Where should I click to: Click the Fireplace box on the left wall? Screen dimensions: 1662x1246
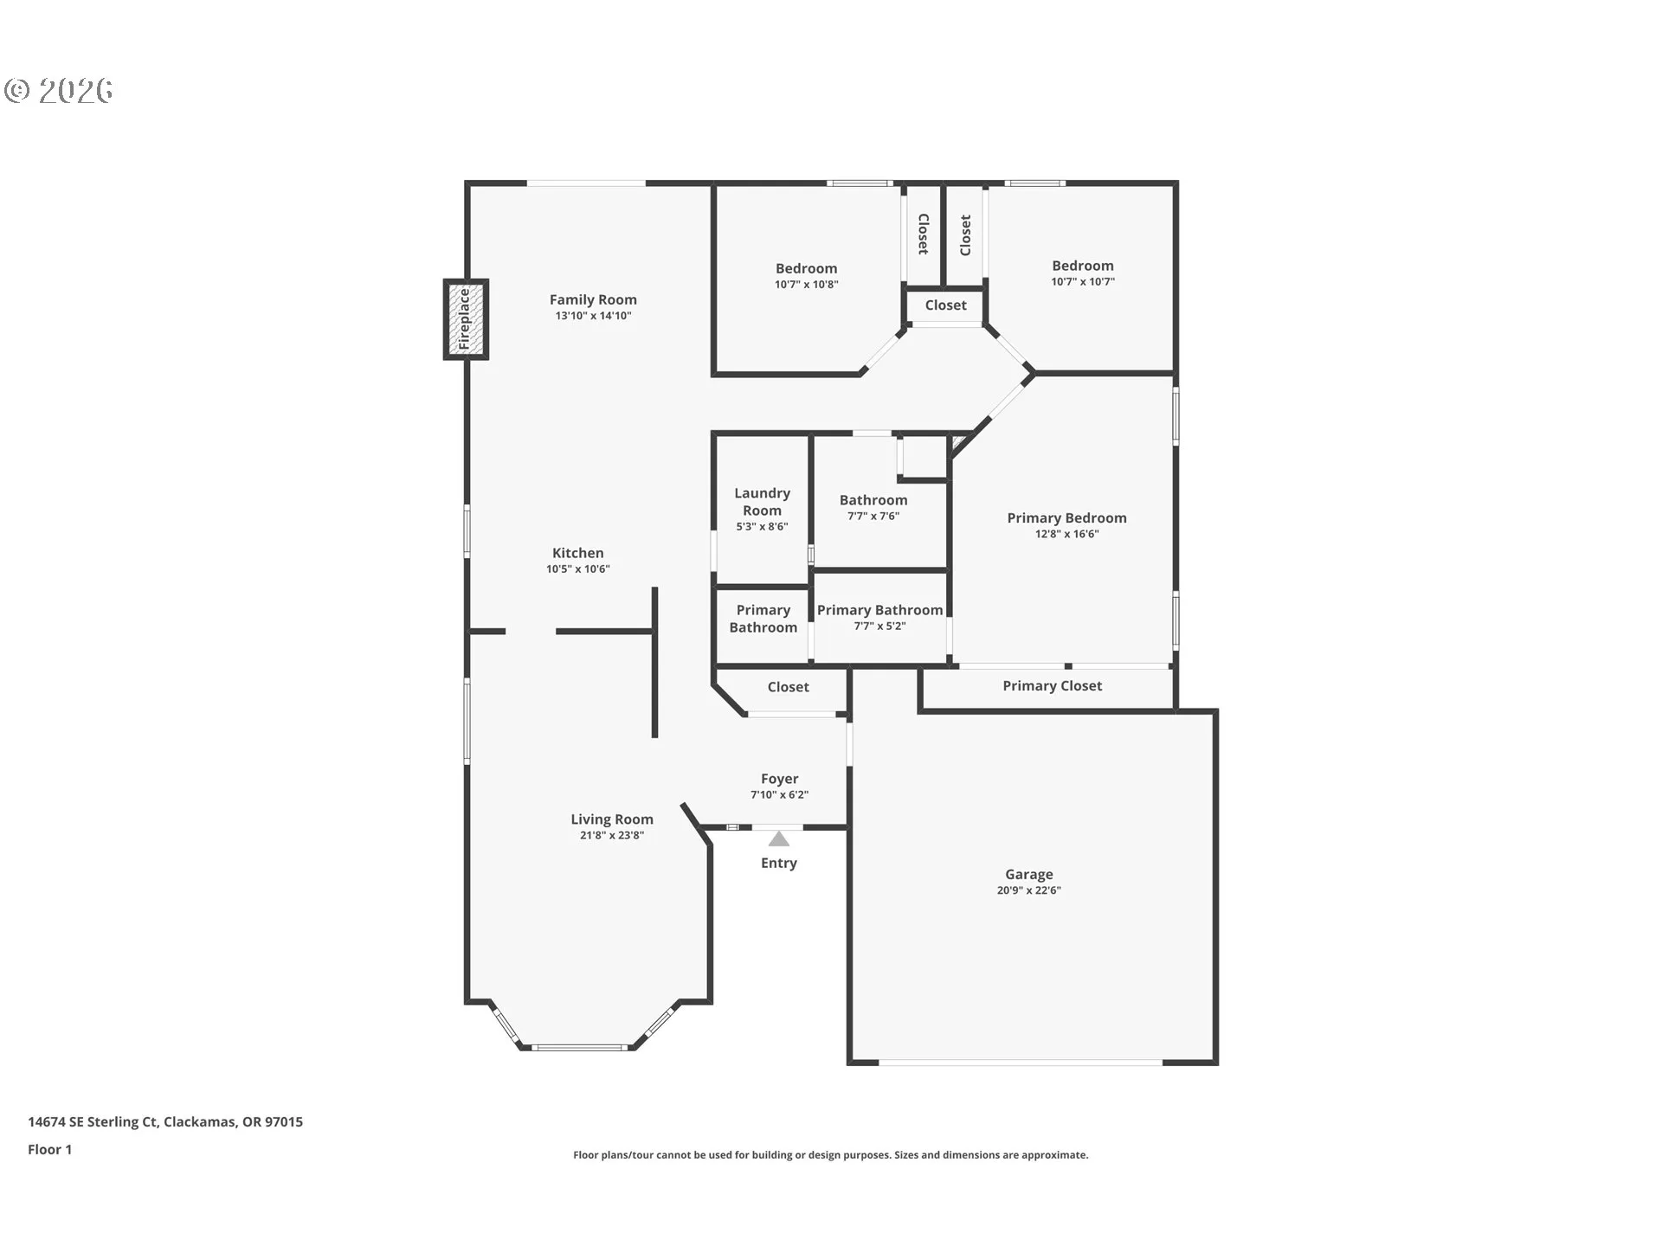coord(466,319)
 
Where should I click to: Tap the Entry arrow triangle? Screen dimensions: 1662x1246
coord(779,838)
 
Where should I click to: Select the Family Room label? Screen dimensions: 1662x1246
coord(593,299)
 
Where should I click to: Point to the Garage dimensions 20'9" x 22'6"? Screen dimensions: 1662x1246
coord(1028,890)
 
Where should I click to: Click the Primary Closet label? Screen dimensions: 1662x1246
coord(1053,686)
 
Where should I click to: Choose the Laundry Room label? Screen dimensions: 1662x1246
coord(762,502)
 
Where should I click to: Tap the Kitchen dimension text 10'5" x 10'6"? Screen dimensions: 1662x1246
coord(578,569)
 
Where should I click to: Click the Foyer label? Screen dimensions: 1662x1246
coord(780,779)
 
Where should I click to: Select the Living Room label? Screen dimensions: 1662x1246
coord(612,819)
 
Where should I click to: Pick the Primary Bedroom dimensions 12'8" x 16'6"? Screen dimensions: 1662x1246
coord(1067,534)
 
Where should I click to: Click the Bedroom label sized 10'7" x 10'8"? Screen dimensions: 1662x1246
coord(807,268)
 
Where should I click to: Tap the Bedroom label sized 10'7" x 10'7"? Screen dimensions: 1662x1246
coord(1083,266)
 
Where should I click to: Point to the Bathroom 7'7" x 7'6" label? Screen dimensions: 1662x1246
coord(873,500)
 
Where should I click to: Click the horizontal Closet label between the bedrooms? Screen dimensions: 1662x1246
coord(945,305)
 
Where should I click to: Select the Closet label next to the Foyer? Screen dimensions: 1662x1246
coord(789,687)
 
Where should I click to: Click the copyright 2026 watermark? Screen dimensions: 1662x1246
coord(58,91)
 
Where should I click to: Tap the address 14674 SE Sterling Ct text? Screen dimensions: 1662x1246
coord(93,1122)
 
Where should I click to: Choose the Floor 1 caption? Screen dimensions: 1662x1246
coord(50,1150)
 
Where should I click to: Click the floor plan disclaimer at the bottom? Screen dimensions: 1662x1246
coord(831,1155)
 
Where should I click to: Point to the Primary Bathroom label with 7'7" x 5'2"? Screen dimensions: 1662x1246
coord(880,610)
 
